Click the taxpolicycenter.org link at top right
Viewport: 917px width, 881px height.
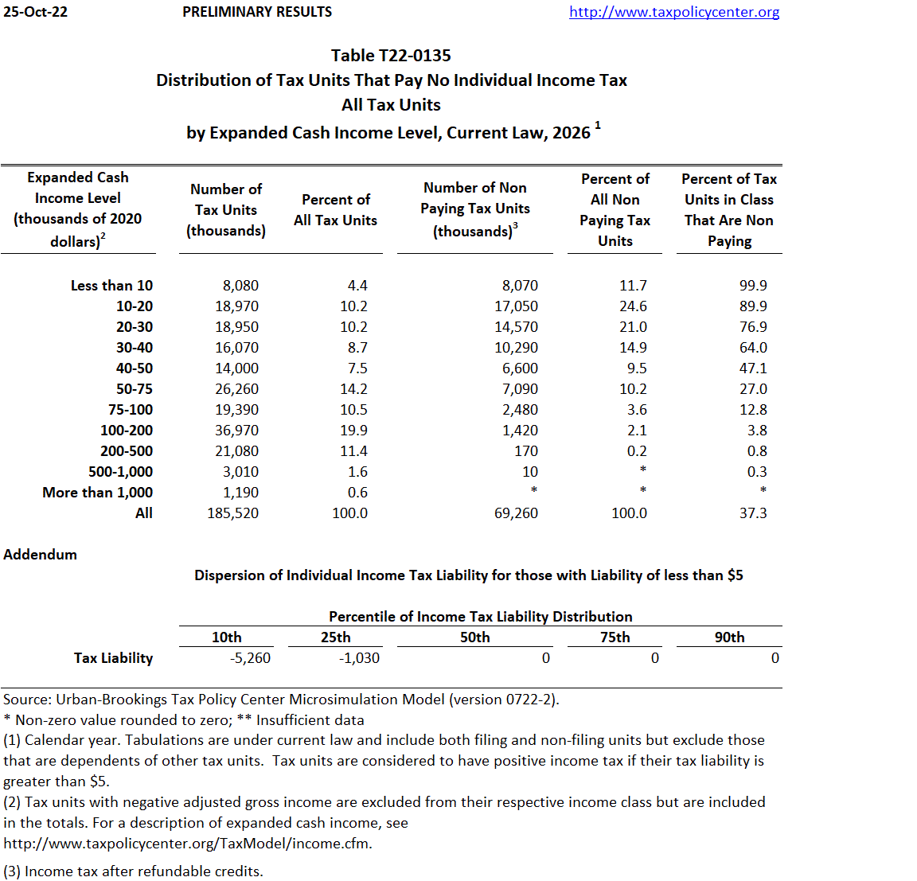pyautogui.click(x=674, y=12)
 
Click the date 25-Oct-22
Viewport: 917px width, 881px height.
pyautogui.click(x=36, y=12)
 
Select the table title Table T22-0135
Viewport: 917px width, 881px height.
pyautogui.click(x=391, y=56)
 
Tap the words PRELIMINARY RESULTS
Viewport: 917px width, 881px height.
pyautogui.click(x=257, y=12)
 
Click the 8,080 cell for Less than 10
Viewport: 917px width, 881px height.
pyautogui.click(x=240, y=286)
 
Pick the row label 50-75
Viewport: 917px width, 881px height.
pyautogui.click(x=135, y=389)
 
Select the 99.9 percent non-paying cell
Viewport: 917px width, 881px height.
pyautogui.click(x=753, y=286)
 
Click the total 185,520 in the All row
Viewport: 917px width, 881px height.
pyautogui.click(x=232, y=513)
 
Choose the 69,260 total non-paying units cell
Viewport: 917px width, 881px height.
pyautogui.click(x=516, y=513)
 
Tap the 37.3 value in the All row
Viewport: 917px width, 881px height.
pyautogui.click(x=753, y=513)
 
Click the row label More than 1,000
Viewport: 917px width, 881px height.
pyautogui.click(x=97, y=493)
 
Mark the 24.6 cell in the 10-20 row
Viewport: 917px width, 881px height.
pyautogui.click(x=633, y=306)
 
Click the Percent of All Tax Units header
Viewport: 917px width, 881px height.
pyautogui.click(x=335, y=210)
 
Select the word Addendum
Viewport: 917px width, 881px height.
pyautogui.click(x=41, y=555)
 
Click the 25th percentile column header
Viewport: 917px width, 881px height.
pyautogui.click(x=335, y=637)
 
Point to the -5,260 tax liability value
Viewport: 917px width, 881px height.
pyautogui.click(x=250, y=658)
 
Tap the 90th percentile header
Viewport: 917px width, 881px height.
pyautogui.click(x=729, y=637)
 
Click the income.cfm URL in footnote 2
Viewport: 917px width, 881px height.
pyautogui.click(x=188, y=844)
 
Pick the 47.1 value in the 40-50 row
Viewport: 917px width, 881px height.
pyautogui.click(x=753, y=368)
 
